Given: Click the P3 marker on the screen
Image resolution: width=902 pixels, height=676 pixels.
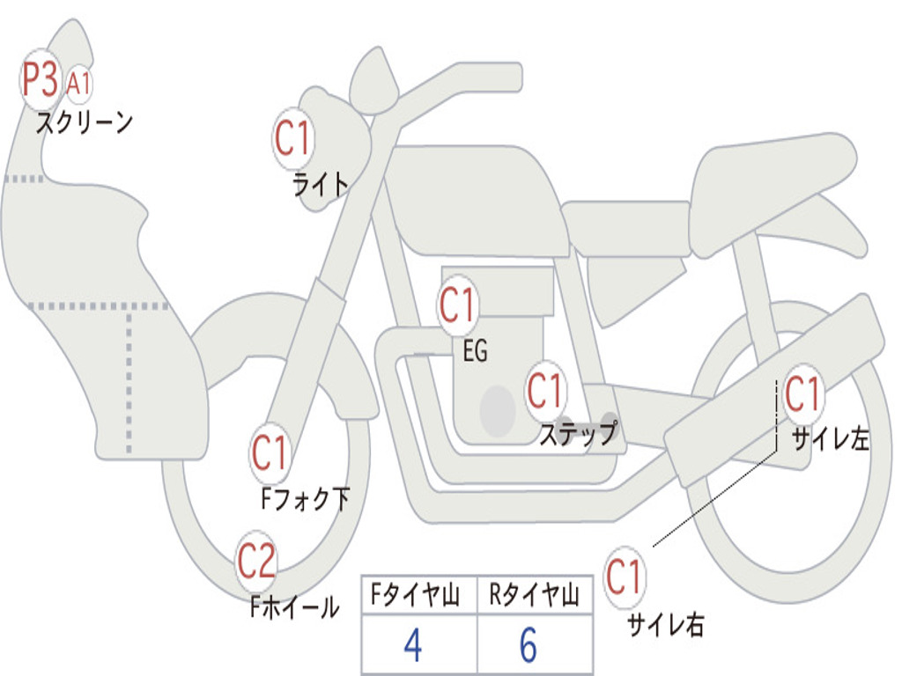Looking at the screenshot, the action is pos(41,80).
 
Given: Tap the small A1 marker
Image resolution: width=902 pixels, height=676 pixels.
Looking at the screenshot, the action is pos(78,84).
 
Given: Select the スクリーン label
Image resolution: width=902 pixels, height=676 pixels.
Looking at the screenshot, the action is pos(84,121).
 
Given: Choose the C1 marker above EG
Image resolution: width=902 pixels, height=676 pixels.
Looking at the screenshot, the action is pos(458,305).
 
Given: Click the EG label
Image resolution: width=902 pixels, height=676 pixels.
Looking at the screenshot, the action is pos(475,351).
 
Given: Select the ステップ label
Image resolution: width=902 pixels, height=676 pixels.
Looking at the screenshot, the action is pos(577,434).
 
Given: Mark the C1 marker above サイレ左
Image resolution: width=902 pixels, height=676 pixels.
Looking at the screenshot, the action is pos(802,393).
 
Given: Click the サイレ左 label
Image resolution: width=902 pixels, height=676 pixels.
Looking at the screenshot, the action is pos(830,438).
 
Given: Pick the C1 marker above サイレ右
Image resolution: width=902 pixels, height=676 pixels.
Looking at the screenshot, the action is pos(624,577).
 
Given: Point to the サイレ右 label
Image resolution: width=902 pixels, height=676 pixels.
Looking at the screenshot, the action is pos(665,625).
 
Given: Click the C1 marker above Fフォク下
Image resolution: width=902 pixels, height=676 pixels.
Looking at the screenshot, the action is pos(270,453).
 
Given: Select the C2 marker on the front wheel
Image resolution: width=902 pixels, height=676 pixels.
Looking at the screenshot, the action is pos(256,561).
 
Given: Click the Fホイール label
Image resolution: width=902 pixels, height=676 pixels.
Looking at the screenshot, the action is pos(294,606).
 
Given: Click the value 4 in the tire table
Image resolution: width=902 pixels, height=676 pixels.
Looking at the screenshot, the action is pos(412,646).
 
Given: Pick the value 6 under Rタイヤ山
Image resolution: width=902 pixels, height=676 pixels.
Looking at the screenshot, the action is pos(529,646).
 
